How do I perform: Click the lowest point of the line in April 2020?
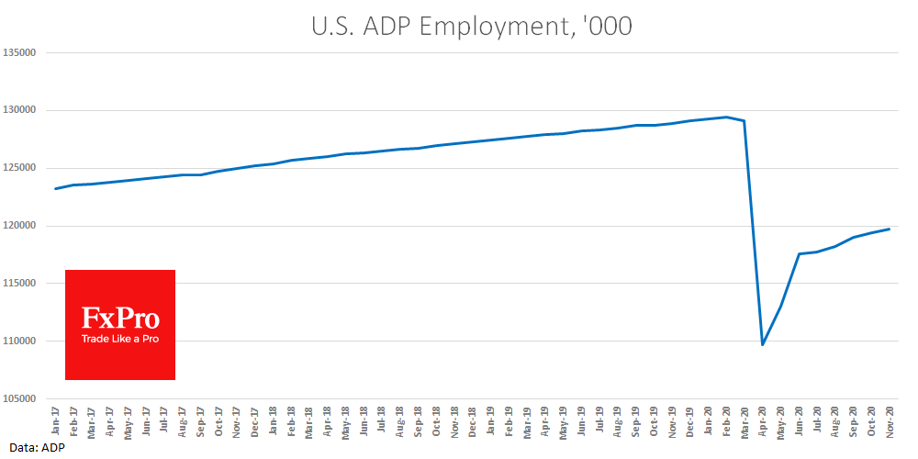point(762,344)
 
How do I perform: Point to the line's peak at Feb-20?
point(725,117)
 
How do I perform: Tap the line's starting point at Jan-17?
point(55,189)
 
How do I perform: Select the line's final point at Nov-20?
point(889,229)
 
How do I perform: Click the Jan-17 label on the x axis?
point(55,420)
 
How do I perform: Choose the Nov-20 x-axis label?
point(889,420)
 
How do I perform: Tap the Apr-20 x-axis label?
point(762,420)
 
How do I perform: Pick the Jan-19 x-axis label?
point(490,420)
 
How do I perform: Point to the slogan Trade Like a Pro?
point(120,340)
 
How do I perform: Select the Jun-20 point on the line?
point(799,253)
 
